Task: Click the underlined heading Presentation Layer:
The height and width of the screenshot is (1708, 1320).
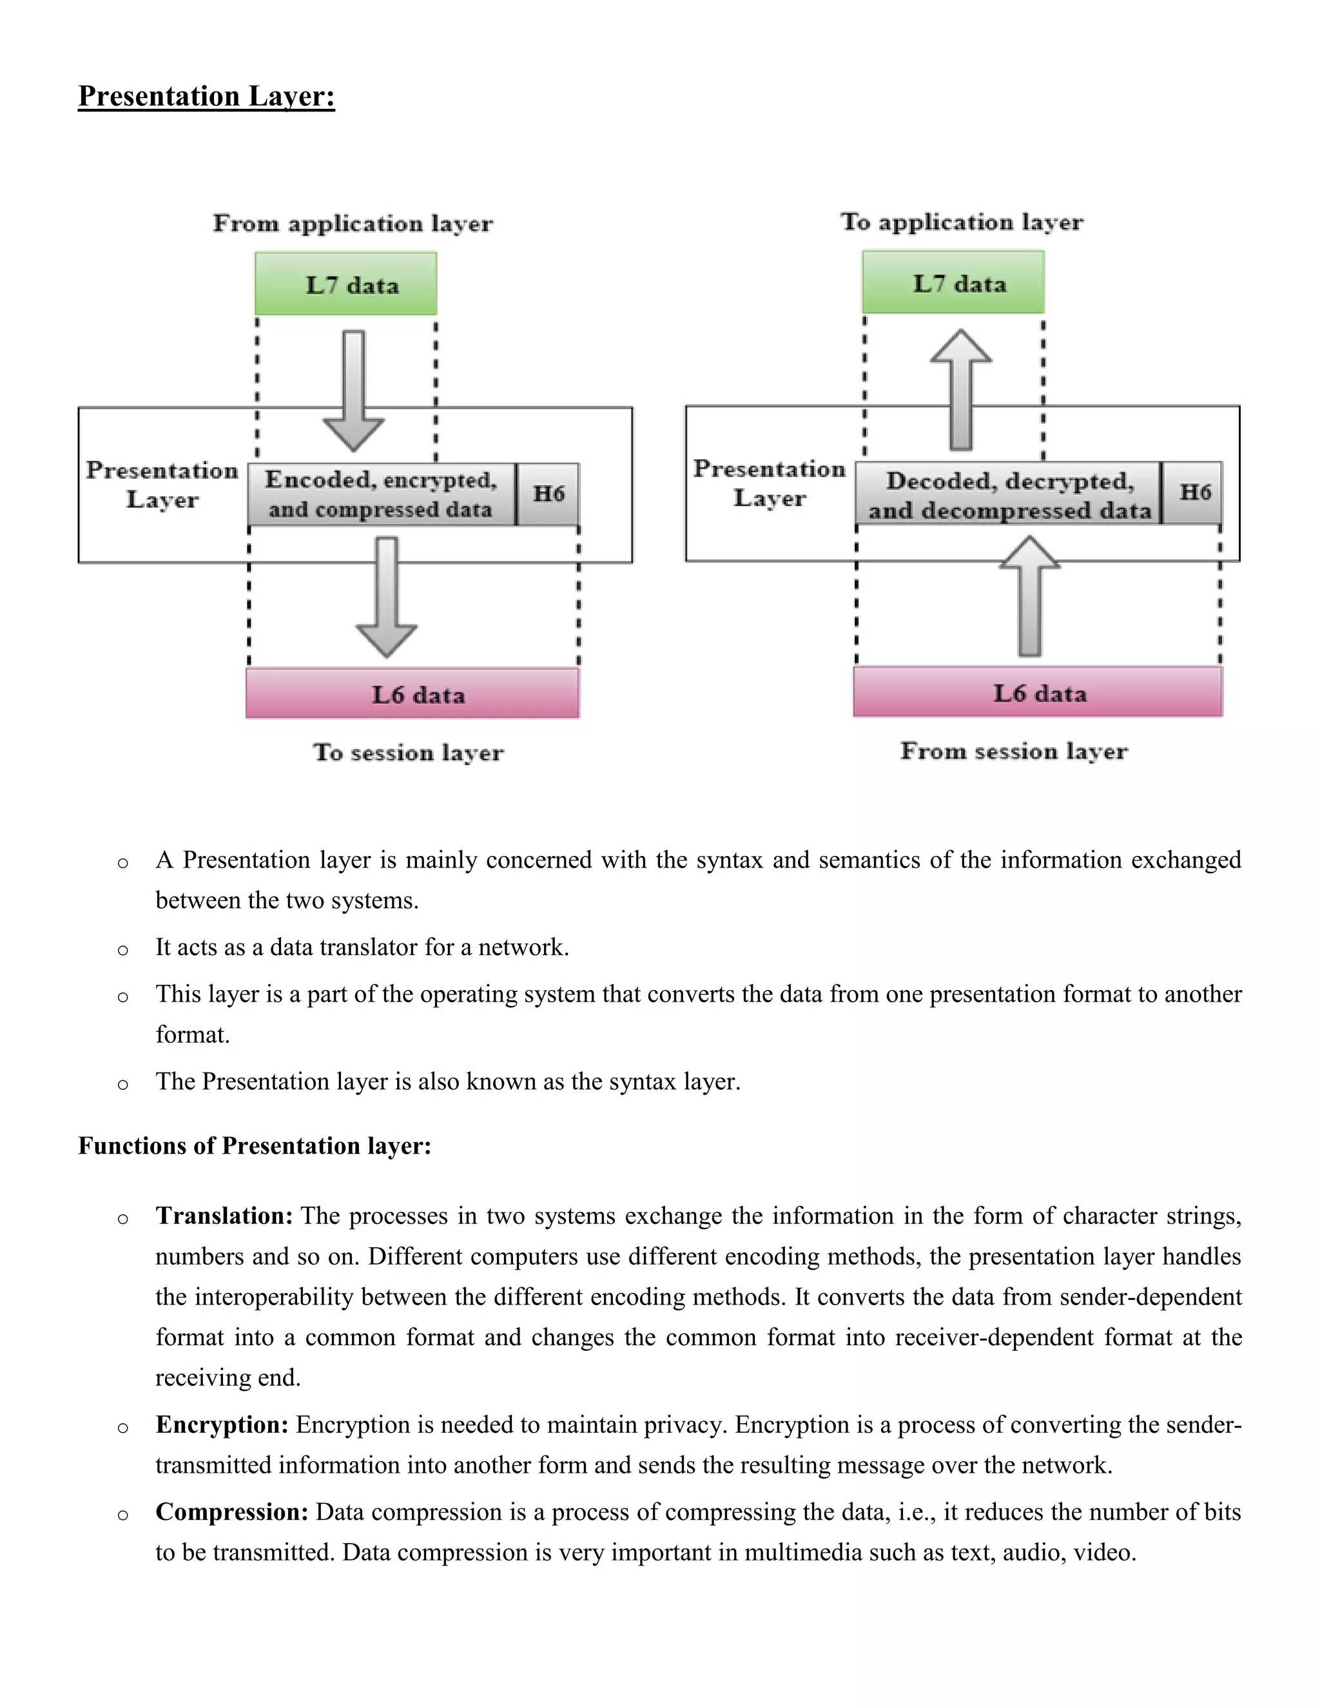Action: pyautogui.click(x=206, y=96)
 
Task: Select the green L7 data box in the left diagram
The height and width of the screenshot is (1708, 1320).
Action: pyautogui.click(x=345, y=284)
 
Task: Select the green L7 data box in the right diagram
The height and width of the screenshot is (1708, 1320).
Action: pyautogui.click(x=953, y=282)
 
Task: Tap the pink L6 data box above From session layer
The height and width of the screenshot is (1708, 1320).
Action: pyautogui.click(x=1038, y=692)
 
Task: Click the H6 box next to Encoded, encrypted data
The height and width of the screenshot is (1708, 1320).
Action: pyautogui.click(x=548, y=494)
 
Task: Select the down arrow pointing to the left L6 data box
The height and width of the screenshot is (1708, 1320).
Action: pyautogui.click(x=386, y=597)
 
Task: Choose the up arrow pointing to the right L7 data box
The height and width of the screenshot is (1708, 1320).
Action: pyautogui.click(x=961, y=389)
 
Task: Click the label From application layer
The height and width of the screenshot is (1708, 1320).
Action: pyautogui.click(x=353, y=224)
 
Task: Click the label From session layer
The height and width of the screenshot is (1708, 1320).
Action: pyautogui.click(x=1013, y=752)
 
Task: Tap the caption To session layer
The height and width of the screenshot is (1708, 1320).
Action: pyautogui.click(x=408, y=753)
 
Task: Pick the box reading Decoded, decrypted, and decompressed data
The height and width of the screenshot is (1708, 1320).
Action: pyautogui.click(x=1009, y=494)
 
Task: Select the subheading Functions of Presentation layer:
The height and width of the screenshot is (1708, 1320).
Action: pyautogui.click(x=255, y=1146)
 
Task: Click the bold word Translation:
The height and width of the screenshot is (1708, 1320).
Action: pyautogui.click(x=224, y=1216)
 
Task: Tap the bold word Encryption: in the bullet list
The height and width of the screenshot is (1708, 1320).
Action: pyautogui.click(x=222, y=1425)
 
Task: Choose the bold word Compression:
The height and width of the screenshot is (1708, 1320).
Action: pyautogui.click(x=232, y=1511)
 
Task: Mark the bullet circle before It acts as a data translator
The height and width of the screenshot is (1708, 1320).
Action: pyautogui.click(x=122, y=950)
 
